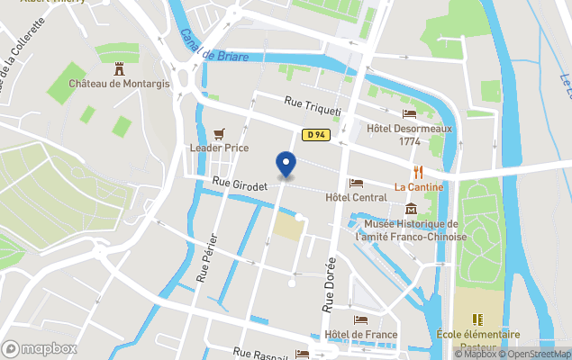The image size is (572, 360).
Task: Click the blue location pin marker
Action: [x=286, y=165]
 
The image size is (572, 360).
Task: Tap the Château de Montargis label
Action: [x=118, y=84]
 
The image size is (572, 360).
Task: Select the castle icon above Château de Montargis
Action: [x=118, y=68]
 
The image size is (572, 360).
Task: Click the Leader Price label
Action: [x=219, y=148]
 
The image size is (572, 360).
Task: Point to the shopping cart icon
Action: [x=219, y=132]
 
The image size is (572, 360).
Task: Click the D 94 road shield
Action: [x=314, y=135]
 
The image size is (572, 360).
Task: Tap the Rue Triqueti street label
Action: [x=313, y=107]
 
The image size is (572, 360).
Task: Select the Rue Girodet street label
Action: [x=241, y=184]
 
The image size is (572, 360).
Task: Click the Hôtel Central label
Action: [x=356, y=197]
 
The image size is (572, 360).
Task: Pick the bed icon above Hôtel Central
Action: [x=356, y=183]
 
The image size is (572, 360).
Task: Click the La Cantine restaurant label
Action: [x=419, y=187]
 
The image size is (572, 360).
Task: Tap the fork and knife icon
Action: [x=418, y=171]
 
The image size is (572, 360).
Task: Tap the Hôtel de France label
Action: [x=362, y=335]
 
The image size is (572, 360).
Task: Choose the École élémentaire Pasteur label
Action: [x=478, y=340]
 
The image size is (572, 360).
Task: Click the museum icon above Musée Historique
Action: [x=411, y=209]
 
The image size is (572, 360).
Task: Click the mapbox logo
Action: [x=41, y=348]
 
